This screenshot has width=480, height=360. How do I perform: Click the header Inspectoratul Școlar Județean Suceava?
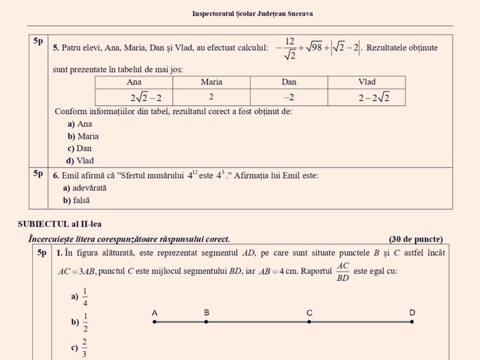coord(252,13)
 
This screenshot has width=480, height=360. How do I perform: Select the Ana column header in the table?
coord(134,82)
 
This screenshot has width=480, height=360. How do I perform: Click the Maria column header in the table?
coord(211,82)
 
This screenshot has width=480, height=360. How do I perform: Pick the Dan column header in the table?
coord(289,82)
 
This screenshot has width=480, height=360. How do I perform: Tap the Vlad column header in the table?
coord(367,82)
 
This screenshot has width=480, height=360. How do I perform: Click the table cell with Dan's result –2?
coord(289,97)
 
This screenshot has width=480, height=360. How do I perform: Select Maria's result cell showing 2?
coord(211,97)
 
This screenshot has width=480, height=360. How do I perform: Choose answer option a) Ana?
coord(80,124)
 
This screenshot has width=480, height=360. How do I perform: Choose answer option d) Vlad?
coord(80,160)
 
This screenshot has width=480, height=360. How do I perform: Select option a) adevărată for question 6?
coord(84,188)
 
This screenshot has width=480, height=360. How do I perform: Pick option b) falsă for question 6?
coord(77,200)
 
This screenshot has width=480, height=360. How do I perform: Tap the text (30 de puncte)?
coord(416,239)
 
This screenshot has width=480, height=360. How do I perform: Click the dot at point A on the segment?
coord(155,321)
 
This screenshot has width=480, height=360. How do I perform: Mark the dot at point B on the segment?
coord(206,321)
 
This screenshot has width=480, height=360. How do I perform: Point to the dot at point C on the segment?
coord(309,321)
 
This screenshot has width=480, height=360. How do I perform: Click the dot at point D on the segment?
coord(412,321)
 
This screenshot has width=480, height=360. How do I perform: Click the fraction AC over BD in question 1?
coord(343,272)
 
